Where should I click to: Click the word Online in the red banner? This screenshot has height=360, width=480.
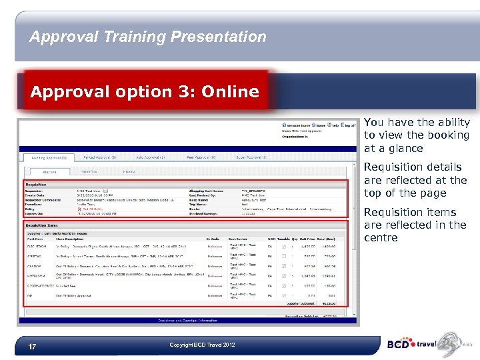229,91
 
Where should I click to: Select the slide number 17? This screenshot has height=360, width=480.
32,347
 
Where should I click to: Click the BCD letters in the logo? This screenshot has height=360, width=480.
399,345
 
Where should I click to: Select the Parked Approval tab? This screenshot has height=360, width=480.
100,157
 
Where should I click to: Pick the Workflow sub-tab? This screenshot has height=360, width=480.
89,171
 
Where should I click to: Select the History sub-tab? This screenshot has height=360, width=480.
129,171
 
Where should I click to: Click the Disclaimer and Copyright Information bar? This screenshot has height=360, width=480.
187,321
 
